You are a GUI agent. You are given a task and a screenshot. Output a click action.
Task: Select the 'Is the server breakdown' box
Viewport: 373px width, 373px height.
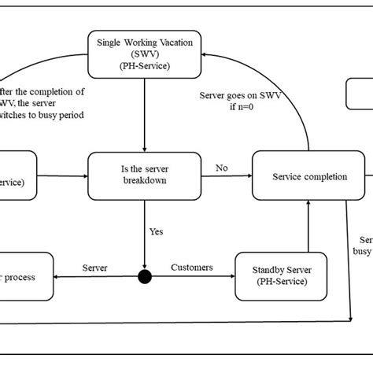pos(144,176)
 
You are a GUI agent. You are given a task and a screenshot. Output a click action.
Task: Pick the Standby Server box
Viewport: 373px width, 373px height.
pos(275,275)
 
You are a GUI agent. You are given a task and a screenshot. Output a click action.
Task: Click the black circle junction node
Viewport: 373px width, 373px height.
pos(145,276)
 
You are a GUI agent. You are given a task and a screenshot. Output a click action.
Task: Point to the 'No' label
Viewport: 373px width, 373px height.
pos(222,168)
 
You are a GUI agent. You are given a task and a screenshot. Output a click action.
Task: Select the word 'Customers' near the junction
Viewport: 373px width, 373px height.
pos(191,268)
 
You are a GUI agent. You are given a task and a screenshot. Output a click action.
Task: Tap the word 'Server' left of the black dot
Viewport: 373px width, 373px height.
pos(95,268)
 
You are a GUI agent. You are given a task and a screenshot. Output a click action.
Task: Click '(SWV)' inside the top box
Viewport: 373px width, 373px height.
pos(144,54)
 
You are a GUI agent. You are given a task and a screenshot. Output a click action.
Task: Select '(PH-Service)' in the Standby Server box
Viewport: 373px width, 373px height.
pos(275,282)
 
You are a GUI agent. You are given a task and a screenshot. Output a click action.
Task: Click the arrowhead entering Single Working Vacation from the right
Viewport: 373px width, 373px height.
pos(205,54)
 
